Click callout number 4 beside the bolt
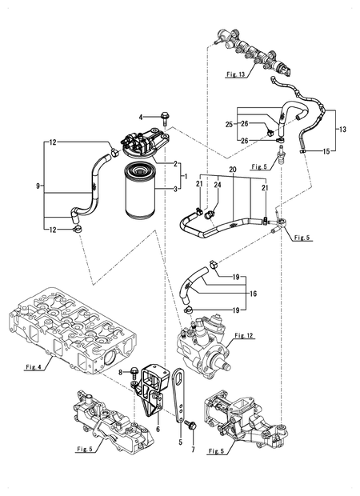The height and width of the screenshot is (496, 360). [141, 118]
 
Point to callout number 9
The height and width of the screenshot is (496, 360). [38, 186]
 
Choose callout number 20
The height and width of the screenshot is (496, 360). [233, 171]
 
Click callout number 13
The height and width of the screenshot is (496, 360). [342, 129]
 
